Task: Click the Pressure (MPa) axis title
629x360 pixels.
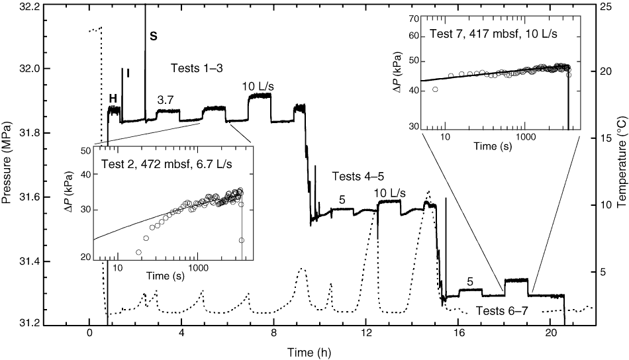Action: (x=9, y=165)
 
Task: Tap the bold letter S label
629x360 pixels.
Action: (x=153, y=37)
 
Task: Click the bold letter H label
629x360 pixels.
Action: (x=113, y=99)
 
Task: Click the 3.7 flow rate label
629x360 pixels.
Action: (x=166, y=99)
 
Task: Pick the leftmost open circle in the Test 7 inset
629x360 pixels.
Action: (x=435, y=89)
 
